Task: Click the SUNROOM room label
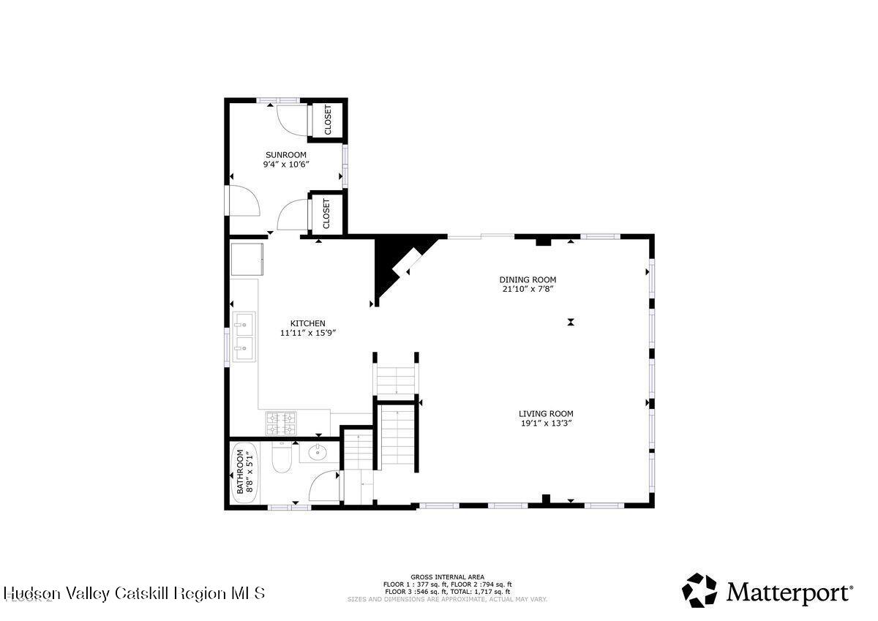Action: click(285, 154)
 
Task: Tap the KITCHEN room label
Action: click(307, 323)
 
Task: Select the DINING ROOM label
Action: click(528, 279)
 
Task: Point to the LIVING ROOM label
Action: click(546, 413)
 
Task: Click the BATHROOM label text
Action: click(239, 472)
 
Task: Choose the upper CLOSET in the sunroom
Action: click(327, 119)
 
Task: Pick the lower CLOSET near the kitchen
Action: click(326, 213)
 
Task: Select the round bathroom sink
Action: click(318, 452)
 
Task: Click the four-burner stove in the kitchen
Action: click(280, 421)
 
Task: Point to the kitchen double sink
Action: click(244, 336)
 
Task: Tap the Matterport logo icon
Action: click(699, 590)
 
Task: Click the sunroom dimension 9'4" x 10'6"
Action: click(286, 165)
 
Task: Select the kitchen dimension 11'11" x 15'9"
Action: click(307, 333)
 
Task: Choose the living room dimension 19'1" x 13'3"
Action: click(546, 423)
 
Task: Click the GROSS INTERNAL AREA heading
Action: click(447, 576)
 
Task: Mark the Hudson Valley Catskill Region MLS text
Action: click(134, 593)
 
